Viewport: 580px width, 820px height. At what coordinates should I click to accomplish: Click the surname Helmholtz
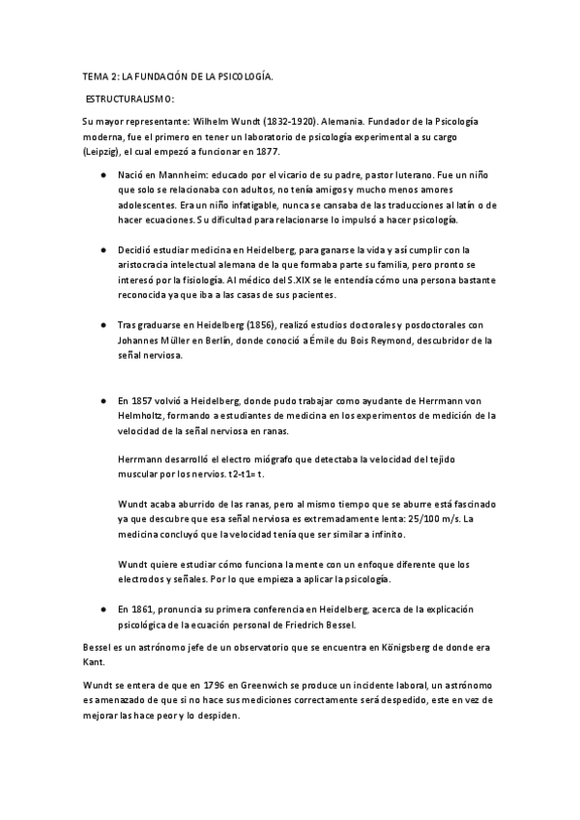(145, 415)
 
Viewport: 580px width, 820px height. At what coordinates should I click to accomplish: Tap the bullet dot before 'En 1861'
(103, 609)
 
